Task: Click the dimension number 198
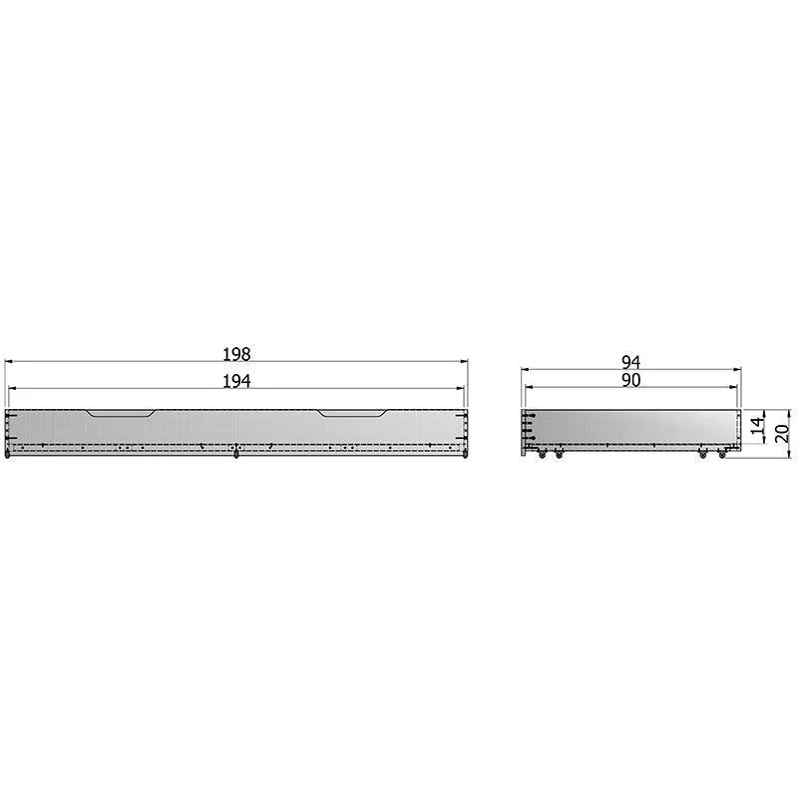point(236,353)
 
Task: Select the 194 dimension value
point(236,381)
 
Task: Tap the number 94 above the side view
point(630,362)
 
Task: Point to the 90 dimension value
point(630,380)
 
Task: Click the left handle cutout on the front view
point(120,412)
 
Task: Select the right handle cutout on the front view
point(353,412)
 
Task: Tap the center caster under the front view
point(235,456)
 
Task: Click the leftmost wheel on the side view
point(542,455)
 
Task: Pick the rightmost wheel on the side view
point(722,455)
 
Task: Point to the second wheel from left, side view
point(559,455)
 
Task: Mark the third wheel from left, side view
point(703,455)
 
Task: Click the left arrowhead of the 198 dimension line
point(8,362)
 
